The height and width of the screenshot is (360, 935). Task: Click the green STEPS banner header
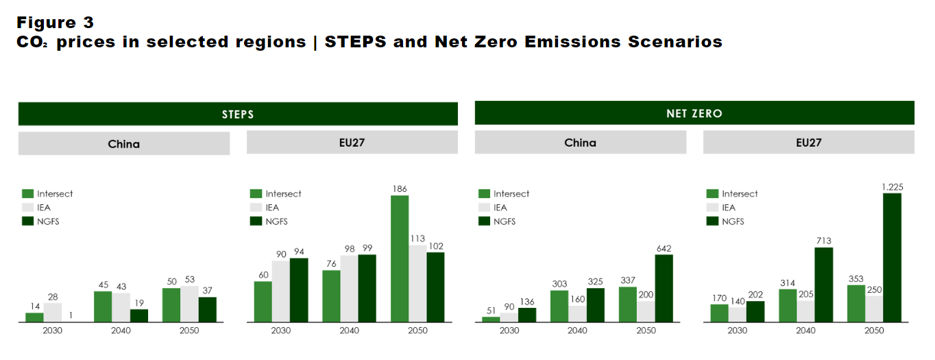(x=237, y=114)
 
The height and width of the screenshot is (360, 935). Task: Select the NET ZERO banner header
(x=694, y=113)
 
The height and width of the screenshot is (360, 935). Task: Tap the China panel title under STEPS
(x=123, y=144)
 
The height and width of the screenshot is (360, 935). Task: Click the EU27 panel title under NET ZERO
(x=808, y=143)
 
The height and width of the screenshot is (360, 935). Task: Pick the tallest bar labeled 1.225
(x=892, y=257)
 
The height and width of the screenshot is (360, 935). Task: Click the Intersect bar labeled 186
(x=400, y=259)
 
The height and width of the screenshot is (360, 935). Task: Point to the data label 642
(x=664, y=248)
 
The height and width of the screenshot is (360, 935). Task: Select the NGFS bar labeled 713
(x=823, y=285)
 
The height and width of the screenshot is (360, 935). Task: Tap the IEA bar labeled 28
(x=52, y=313)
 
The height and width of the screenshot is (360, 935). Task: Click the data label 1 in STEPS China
(x=71, y=315)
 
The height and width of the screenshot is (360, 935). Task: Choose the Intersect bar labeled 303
(x=559, y=306)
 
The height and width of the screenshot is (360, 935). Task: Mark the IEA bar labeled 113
(x=417, y=283)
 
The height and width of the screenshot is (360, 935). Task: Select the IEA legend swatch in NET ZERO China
(x=484, y=208)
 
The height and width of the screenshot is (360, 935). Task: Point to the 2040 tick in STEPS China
(x=121, y=331)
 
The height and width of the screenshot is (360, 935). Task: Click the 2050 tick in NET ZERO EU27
(x=874, y=331)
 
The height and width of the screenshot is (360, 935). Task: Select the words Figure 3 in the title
(x=55, y=23)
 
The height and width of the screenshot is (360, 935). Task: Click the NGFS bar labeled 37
(x=208, y=309)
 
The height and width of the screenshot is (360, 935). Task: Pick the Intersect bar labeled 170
(x=719, y=313)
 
